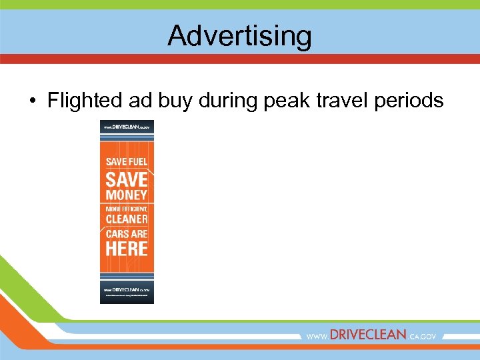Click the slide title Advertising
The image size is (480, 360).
[239, 35]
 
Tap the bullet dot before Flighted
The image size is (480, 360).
[31, 101]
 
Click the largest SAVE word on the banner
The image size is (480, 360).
[127, 179]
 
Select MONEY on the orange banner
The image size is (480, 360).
[127, 195]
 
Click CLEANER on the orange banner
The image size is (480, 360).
[127, 219]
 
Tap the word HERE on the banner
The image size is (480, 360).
[127, 249]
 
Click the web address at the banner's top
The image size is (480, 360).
[127, 126]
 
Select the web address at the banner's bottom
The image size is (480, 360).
[127, 290]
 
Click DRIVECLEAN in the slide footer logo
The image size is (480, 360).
[367, 335]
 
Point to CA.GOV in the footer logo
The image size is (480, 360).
[422, 337]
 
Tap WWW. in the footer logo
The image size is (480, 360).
[317, 337]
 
